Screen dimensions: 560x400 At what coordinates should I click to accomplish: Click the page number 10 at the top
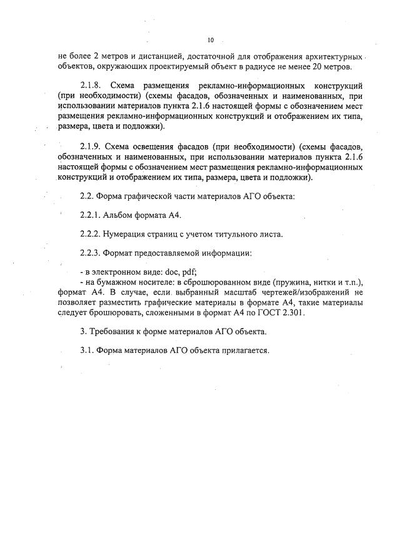(x=211, y=41)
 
